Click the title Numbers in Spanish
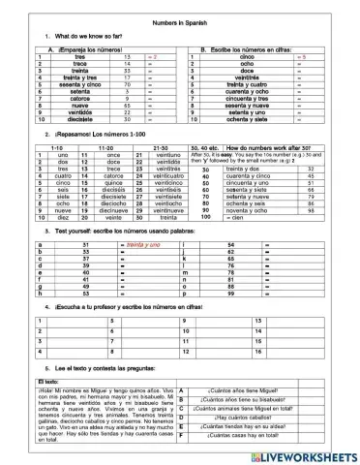179,22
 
